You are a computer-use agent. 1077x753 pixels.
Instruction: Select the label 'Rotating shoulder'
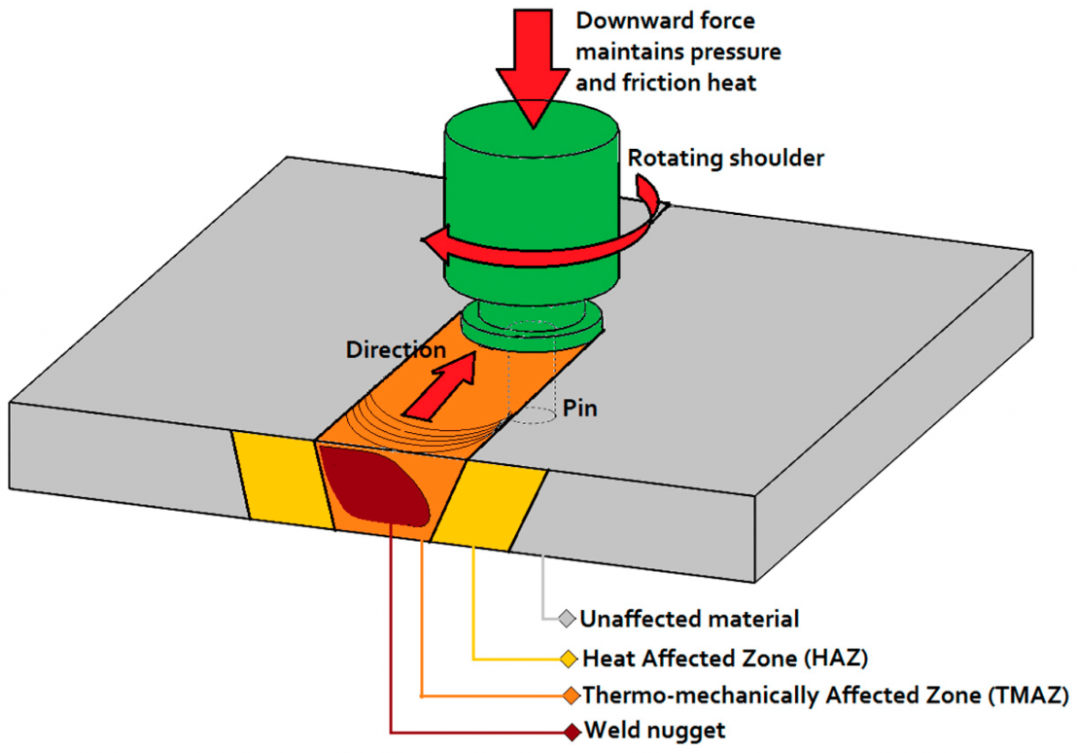coord(725,158)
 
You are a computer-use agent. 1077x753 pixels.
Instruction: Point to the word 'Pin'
coord(580,409)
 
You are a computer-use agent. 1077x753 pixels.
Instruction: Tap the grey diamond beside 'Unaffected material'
coord(567,619)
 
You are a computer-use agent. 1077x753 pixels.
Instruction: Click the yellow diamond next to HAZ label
coord(569,659)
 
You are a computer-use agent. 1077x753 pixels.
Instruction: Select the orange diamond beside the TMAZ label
coord(571,696)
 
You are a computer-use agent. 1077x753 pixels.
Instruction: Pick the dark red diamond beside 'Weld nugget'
coord(571,730)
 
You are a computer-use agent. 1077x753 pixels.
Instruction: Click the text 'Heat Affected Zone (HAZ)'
coord(724,659)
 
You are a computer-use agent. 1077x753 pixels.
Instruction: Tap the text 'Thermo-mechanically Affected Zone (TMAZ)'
coord(825,696)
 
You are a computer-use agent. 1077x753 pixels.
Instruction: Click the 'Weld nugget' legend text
coord(653,730)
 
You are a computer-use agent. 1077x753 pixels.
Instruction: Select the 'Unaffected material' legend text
coord(689,618)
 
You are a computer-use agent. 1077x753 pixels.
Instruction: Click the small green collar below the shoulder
coord(532,322)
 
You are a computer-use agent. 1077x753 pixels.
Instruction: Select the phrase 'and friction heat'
coord(666,84)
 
